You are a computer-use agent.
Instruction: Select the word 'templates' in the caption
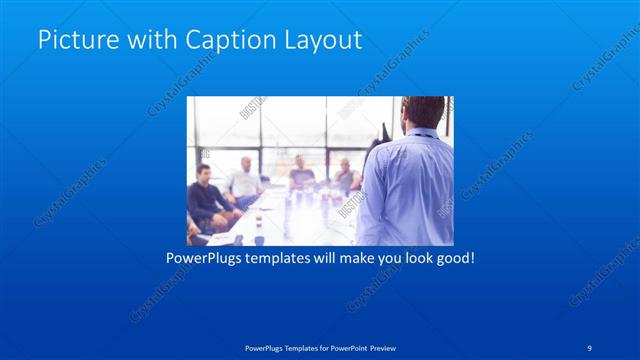point(290,258)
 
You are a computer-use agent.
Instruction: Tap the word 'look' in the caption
point(410,258)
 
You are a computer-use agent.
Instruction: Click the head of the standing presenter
point(416,114)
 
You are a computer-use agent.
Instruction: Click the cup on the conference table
point(258,239)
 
